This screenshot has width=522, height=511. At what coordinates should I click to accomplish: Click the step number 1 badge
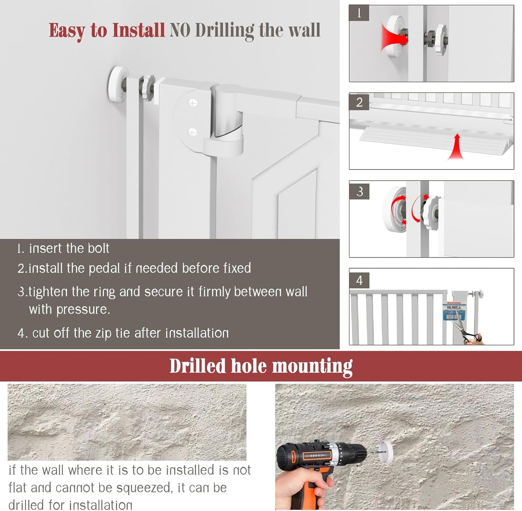coord(359,13)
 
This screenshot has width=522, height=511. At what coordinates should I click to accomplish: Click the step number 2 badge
coord(359,102)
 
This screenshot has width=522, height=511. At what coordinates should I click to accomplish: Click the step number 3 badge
coord(359,191)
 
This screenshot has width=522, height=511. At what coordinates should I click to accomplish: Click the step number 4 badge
coord(359,280)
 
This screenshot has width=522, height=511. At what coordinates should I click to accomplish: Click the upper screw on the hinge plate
coord(193,104)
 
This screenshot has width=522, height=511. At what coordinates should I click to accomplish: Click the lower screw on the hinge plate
coord(192,132)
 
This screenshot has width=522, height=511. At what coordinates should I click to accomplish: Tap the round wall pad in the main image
coord(117,81)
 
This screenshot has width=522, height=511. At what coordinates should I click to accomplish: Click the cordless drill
coord(318,465)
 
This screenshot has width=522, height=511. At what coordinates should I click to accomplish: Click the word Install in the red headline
coord(138,30)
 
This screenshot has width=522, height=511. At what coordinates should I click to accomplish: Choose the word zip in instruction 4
coord(103,334)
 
